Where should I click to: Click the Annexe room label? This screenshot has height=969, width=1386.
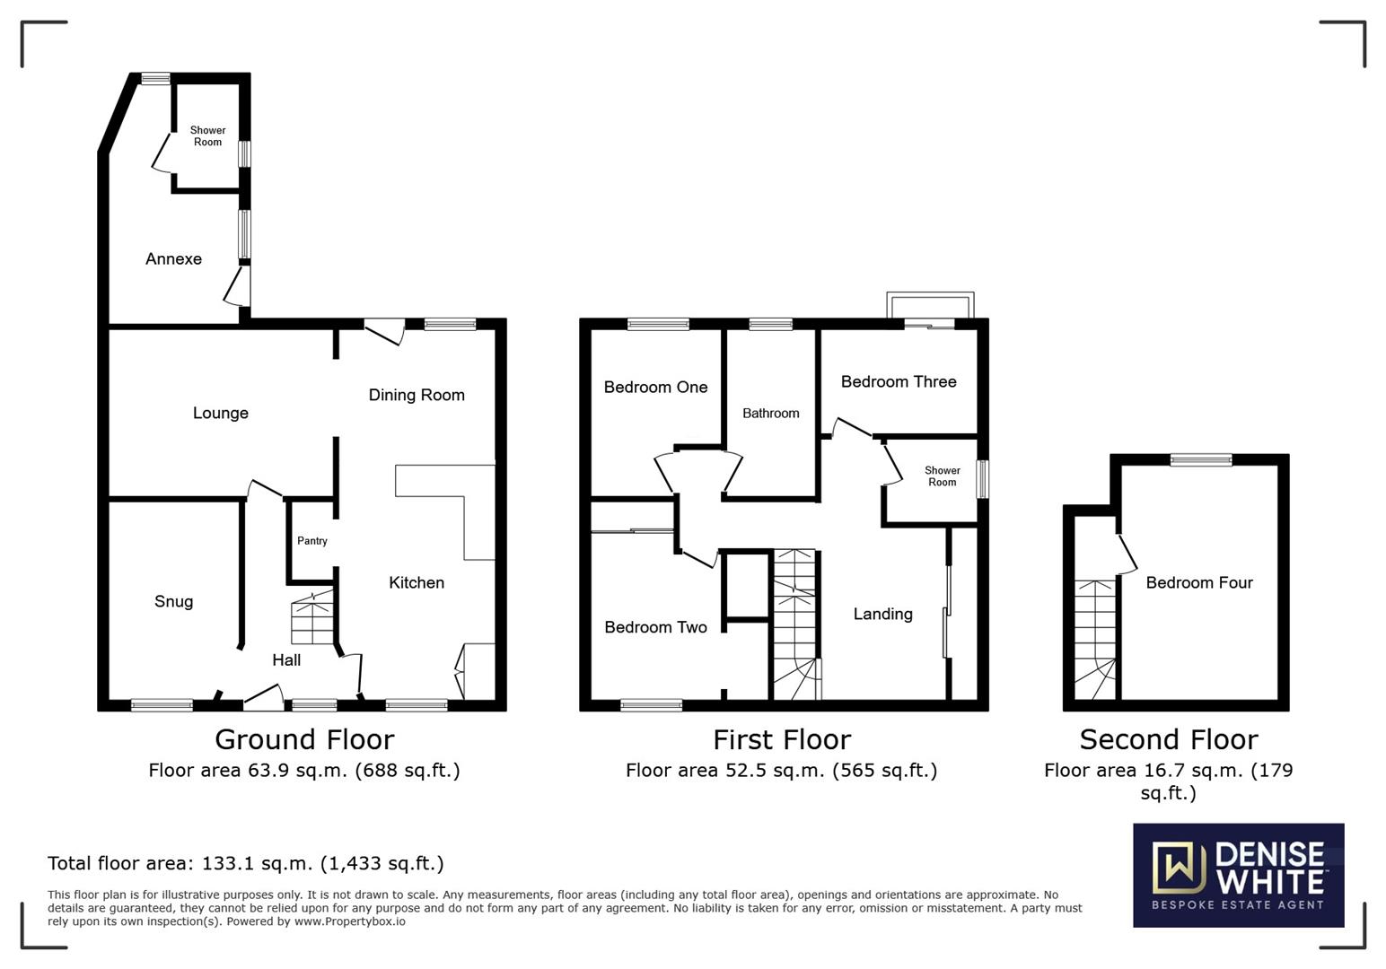[x=173, y=259]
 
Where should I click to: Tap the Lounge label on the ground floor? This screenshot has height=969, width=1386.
[x=220, y=414]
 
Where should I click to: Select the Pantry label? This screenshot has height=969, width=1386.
[x=312, y=541]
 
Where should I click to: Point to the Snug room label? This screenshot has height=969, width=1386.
[x=173, y=602]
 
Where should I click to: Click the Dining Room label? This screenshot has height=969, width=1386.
[x=417, y=396]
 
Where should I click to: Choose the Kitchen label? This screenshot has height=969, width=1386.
[x=417, y=583]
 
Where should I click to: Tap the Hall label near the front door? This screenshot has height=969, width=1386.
[x=286, y=660]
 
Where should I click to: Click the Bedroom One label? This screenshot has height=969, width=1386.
[x=655, y=388]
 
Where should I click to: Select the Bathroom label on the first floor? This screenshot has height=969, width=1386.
[x=770, y=414]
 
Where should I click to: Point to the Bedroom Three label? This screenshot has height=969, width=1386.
[x=899, y=382]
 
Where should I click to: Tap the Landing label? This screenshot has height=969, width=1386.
[x=882, y=615]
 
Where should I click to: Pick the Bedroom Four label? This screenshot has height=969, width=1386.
[x=1199, y=583]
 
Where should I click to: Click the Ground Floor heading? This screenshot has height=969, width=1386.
[x=304, y=740]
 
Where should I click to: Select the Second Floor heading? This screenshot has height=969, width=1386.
[x=1168, y=740]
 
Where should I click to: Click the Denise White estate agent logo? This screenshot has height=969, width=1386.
[x=1238, y=875]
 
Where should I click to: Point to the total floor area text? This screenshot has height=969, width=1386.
[x=245, y=864]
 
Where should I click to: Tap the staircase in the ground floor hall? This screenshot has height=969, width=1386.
[x=312, y=619]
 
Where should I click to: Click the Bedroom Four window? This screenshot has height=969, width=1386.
[x=1201, y=460]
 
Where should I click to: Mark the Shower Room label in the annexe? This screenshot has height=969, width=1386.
[x=207, y=136]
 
